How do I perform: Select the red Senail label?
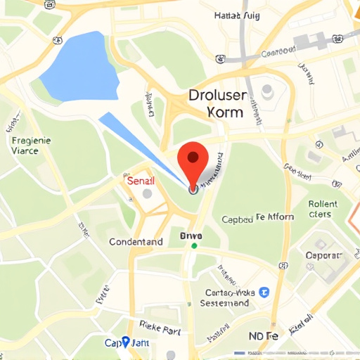(x=141, y=181)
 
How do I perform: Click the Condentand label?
(x=136, y=242)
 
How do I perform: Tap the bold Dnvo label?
(x=191, y=235)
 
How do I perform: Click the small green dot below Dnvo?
(x=194, y=245)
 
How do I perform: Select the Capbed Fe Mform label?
(x=258, y=218)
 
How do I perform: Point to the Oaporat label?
(x=323, y=255)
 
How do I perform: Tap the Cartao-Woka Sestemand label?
(x=225, y=297)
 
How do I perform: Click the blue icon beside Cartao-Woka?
(x=264, y=292)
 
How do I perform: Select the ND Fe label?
(x=264, y=337)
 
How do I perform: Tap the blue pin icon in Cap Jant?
(x=126, y=342)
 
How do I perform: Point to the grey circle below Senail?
(x=147, y=193)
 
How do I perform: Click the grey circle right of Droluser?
(x=267, y=90)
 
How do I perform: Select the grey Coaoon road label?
(x=278, y=53)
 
